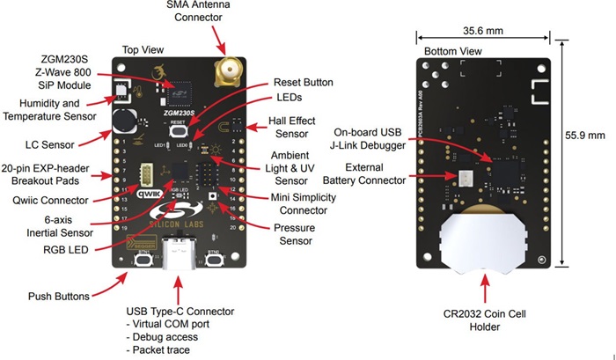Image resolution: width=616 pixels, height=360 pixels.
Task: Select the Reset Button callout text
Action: (x=302, y=82)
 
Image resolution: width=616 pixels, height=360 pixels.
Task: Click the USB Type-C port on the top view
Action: (x=181, y=257)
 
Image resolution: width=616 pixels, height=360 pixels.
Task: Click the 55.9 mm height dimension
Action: (x=584, y=136)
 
